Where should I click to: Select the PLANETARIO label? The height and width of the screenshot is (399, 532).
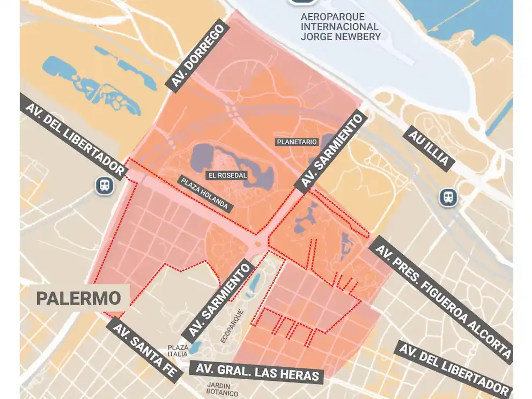point(297,142)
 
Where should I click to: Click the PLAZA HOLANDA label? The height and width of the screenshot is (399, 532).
point(205,194)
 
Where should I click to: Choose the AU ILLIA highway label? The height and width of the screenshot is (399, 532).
point(428,149)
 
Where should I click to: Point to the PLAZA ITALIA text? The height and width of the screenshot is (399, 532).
point(178,350)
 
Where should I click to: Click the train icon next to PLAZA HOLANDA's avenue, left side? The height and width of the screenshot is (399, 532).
point(104,186)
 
